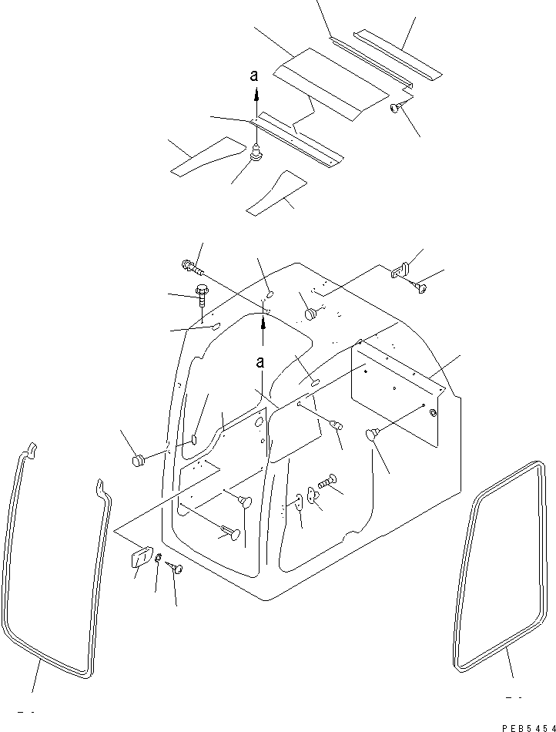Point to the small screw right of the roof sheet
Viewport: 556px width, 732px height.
coord(395,108)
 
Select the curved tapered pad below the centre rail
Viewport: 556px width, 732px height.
coord(275,193)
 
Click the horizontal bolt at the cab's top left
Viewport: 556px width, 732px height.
coord(192,268)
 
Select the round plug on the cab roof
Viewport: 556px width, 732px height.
coord(311,314)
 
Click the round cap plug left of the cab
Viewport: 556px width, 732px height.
coord(139,461)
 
